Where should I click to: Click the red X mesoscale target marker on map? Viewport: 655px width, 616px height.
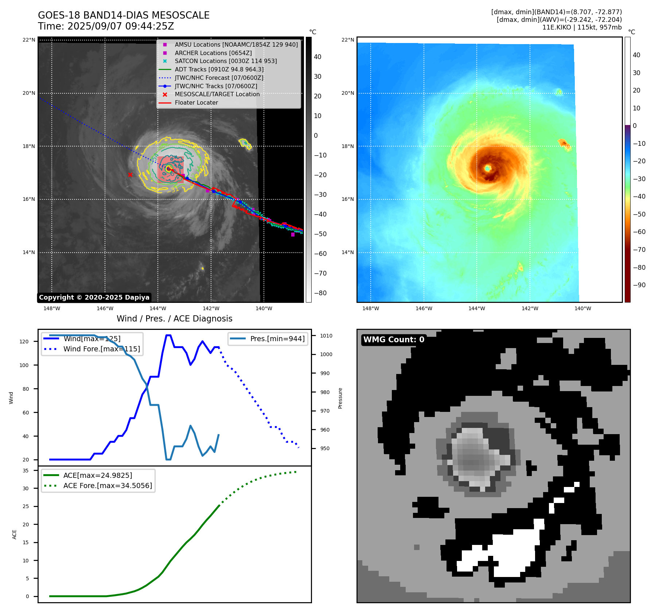coord(130,175)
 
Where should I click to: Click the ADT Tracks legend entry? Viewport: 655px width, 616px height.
coord(219,69)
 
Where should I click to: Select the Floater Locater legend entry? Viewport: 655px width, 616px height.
coord(196,103)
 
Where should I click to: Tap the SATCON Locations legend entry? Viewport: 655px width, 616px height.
coord(226,61)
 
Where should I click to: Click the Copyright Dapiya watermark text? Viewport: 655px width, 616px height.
coord(94,297)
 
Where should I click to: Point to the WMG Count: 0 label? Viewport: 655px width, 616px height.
coord(394,340)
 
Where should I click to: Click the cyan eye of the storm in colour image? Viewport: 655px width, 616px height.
coord(488,168)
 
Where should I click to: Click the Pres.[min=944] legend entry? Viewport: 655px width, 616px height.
coord(277,339)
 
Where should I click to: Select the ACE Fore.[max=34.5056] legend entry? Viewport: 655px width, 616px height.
coord(108,486)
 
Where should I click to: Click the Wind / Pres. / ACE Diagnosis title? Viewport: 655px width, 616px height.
coord(174,319)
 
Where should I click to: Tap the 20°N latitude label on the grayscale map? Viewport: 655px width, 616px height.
coord(29,93)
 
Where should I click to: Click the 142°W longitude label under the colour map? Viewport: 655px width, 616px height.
coord(530,309)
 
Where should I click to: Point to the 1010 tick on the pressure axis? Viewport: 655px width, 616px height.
coord(326,336)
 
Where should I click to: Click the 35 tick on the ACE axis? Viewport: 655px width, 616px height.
coord(26,471)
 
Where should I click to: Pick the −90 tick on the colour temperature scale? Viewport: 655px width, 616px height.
coord(639,285)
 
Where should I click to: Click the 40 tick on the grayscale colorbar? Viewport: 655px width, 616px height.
coord(317,57)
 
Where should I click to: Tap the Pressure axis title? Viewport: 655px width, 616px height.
coord(340,398)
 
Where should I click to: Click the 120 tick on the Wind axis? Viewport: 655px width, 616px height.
coord(24,342)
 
